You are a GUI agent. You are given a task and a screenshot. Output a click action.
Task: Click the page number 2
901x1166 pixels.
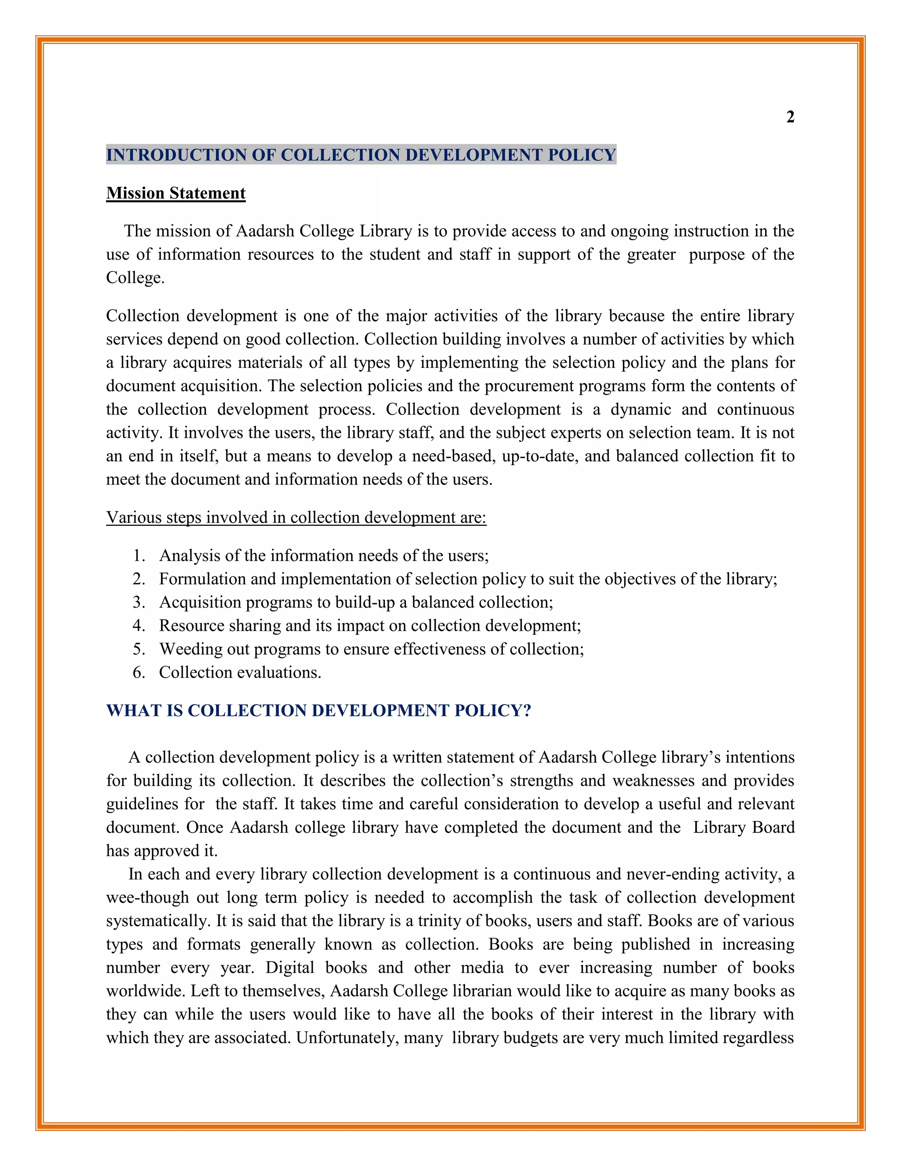(x=790, y=117)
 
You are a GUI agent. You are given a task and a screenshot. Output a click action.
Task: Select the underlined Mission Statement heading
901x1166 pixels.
(x=176, y=193)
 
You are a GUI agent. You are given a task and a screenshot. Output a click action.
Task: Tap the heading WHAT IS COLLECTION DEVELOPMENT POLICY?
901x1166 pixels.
(x=319, y=711)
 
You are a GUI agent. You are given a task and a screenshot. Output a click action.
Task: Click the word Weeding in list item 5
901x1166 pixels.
(x=189, y=649)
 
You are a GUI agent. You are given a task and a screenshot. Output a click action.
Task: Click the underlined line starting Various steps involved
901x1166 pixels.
(x=296, y=518)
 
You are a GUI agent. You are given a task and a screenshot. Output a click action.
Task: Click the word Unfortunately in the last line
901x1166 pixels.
(x=346, y=1038)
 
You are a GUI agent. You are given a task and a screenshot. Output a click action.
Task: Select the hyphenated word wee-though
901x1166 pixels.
(x=147, y=898)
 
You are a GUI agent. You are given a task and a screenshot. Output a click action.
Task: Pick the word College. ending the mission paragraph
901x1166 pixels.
(x=135, y=278)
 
